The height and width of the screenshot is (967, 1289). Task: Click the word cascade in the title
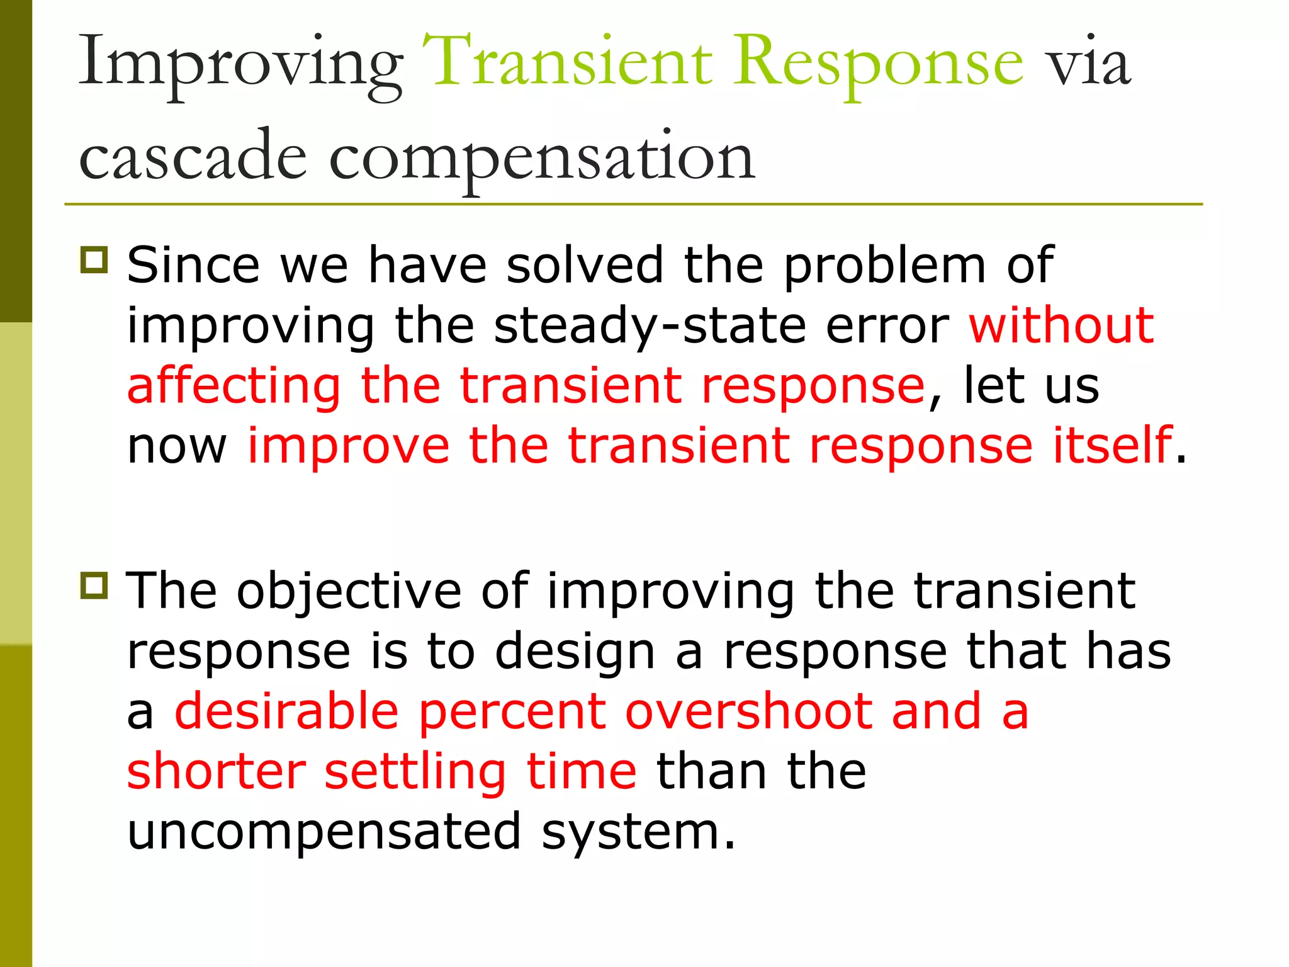[193, 156]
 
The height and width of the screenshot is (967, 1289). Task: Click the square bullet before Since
[94, 259]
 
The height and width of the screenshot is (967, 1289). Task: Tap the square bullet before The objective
[94, 585]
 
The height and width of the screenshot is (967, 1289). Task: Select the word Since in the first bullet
[193, 264]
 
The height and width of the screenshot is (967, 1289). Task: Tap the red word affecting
[234, 387]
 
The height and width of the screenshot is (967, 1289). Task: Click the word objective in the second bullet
[349, 592]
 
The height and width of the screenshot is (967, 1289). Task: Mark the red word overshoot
[748, 711]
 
